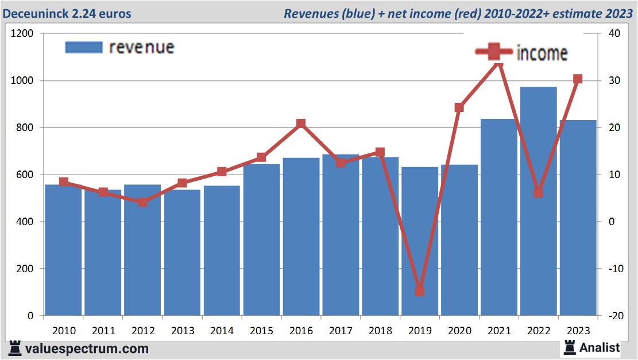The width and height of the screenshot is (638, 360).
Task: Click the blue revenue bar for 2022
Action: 539,201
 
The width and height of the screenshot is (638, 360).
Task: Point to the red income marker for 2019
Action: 420,291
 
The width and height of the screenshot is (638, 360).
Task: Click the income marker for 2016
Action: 301,124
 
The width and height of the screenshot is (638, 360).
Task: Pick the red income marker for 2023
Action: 578,79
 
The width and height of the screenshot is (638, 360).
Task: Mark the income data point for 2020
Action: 459,107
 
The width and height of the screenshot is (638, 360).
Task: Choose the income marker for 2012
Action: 142,202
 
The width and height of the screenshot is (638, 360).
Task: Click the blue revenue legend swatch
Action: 84,47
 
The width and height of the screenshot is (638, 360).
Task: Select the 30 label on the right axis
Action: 613,80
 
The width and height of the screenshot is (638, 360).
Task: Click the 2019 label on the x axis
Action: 420,331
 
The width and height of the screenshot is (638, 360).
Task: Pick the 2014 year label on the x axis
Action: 222,331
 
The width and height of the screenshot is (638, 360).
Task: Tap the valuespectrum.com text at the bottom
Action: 86,349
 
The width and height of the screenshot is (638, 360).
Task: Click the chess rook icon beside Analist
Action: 569,347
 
